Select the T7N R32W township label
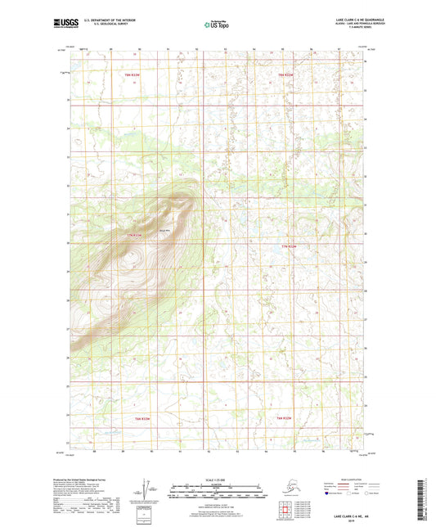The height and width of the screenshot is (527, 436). pyautogui.click(x=284, y=246)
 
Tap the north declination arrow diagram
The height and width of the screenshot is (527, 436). pyautogui.click(x=146, y=489)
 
